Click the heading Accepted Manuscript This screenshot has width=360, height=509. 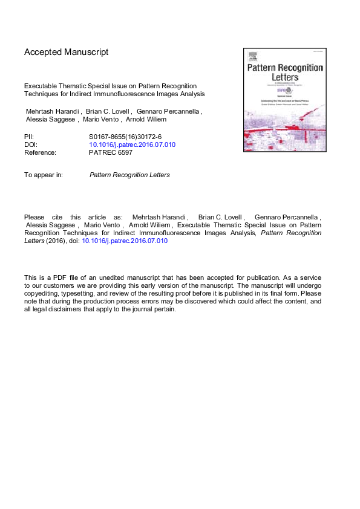[x=67, y=52]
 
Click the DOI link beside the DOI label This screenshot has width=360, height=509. [x=132, y=145]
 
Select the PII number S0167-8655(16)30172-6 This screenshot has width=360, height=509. [x=125, y=137]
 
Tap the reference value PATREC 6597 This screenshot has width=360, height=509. [x=111, y=153]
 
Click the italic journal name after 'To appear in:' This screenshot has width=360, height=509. [x=129, y=175]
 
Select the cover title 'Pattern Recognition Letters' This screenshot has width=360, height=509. [x=284, y=75]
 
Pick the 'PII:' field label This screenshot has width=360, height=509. [x=29, y=137]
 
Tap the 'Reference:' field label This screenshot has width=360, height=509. [x=40, y=153]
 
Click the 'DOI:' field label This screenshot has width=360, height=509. [x=31, y=145]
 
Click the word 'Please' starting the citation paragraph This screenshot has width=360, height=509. [x=34, y=216]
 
